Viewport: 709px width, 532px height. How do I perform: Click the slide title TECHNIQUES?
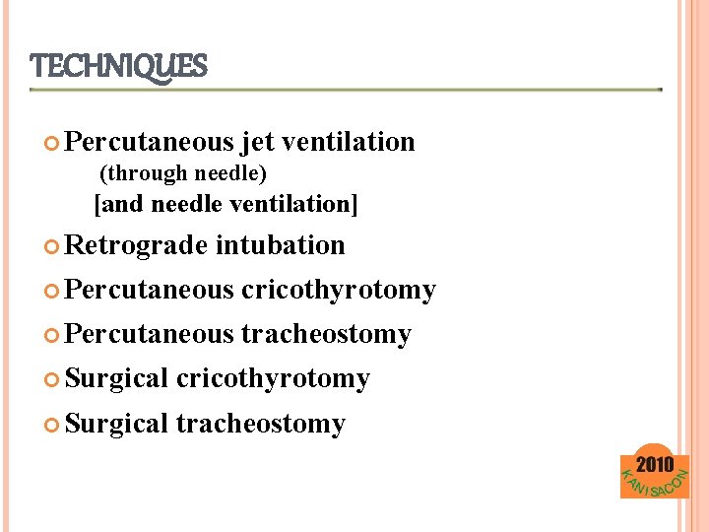[x=119, y=67]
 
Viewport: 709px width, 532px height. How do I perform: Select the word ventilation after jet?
[x=348, y=142]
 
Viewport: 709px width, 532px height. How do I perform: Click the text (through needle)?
[x=184, y=173]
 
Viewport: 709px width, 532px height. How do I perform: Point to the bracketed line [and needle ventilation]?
[x=226, y=204]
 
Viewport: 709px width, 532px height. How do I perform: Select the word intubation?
[x=280, y=245]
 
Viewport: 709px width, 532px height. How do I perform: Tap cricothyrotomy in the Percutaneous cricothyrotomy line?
[x=338, y=290]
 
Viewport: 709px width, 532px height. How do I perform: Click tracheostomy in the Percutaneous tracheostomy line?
[x=326, y=334]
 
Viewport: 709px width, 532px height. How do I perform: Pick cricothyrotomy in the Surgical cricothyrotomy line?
[x=273, y=378]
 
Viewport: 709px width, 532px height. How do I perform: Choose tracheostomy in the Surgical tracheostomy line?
[x=260, y=424]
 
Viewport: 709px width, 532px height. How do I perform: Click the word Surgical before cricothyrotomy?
[x=117, y=378]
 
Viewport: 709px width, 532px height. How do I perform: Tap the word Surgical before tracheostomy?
[x=117, y=424]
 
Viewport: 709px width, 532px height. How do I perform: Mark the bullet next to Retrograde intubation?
[x=52, y=246]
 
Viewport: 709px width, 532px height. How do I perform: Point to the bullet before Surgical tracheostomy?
[x=52, y=425]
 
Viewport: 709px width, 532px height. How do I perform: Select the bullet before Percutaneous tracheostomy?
[x=52, y=335]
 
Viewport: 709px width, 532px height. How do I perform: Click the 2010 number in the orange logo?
[x=655, y=464]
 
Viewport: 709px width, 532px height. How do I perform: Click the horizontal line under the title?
[x=345, y=90]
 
